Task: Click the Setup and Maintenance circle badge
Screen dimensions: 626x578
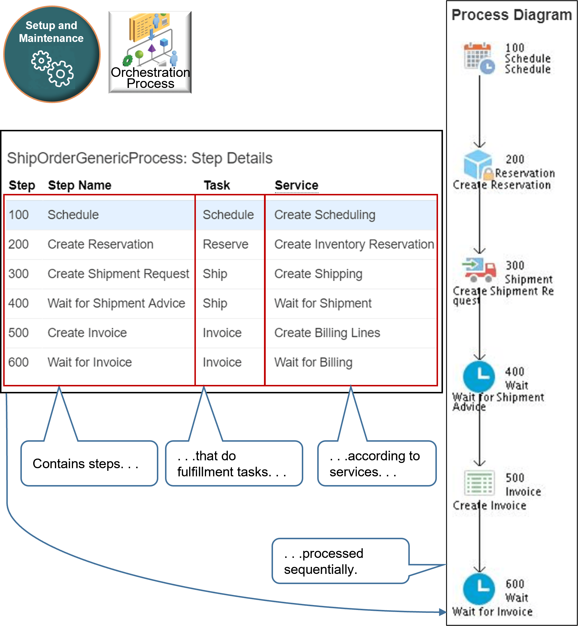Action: click(x=52, y=54)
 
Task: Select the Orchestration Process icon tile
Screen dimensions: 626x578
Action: click(x=150, y=52)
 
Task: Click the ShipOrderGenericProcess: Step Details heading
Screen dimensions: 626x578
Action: click(x=140, y=158)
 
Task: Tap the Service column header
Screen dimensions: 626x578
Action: click(x=296, y=185)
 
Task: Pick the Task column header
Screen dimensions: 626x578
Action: click(x=217, y=185)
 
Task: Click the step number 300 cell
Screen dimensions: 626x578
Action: click(x=18, y=274)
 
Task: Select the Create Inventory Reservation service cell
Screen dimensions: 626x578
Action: click(x=354, y=244)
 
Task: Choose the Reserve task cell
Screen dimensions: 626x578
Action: click(x=225, y=244)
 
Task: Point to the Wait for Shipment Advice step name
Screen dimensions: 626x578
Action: click(x=116, y=303)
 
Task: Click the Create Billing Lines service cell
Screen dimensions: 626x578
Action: click(x=327, y=333)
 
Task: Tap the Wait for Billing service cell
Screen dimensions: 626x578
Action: click(x=313, y=362)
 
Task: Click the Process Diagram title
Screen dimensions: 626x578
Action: click(x=512, y=15)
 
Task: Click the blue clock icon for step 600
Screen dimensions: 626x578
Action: click(x=478, y=588)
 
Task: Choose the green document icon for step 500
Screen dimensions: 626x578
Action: click(x=479, y=483)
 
